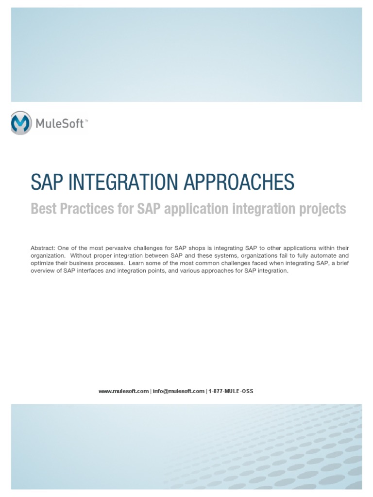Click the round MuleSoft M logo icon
[20, 123]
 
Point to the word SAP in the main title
[46, 182]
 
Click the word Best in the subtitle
[43, 209]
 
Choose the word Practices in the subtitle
[82, 209]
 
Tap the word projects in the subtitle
[323, 209]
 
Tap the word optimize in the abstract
[42, 264]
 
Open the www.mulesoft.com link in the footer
[123, 391]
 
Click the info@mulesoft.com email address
[178, 391]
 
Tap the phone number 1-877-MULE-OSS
[231, 391]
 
